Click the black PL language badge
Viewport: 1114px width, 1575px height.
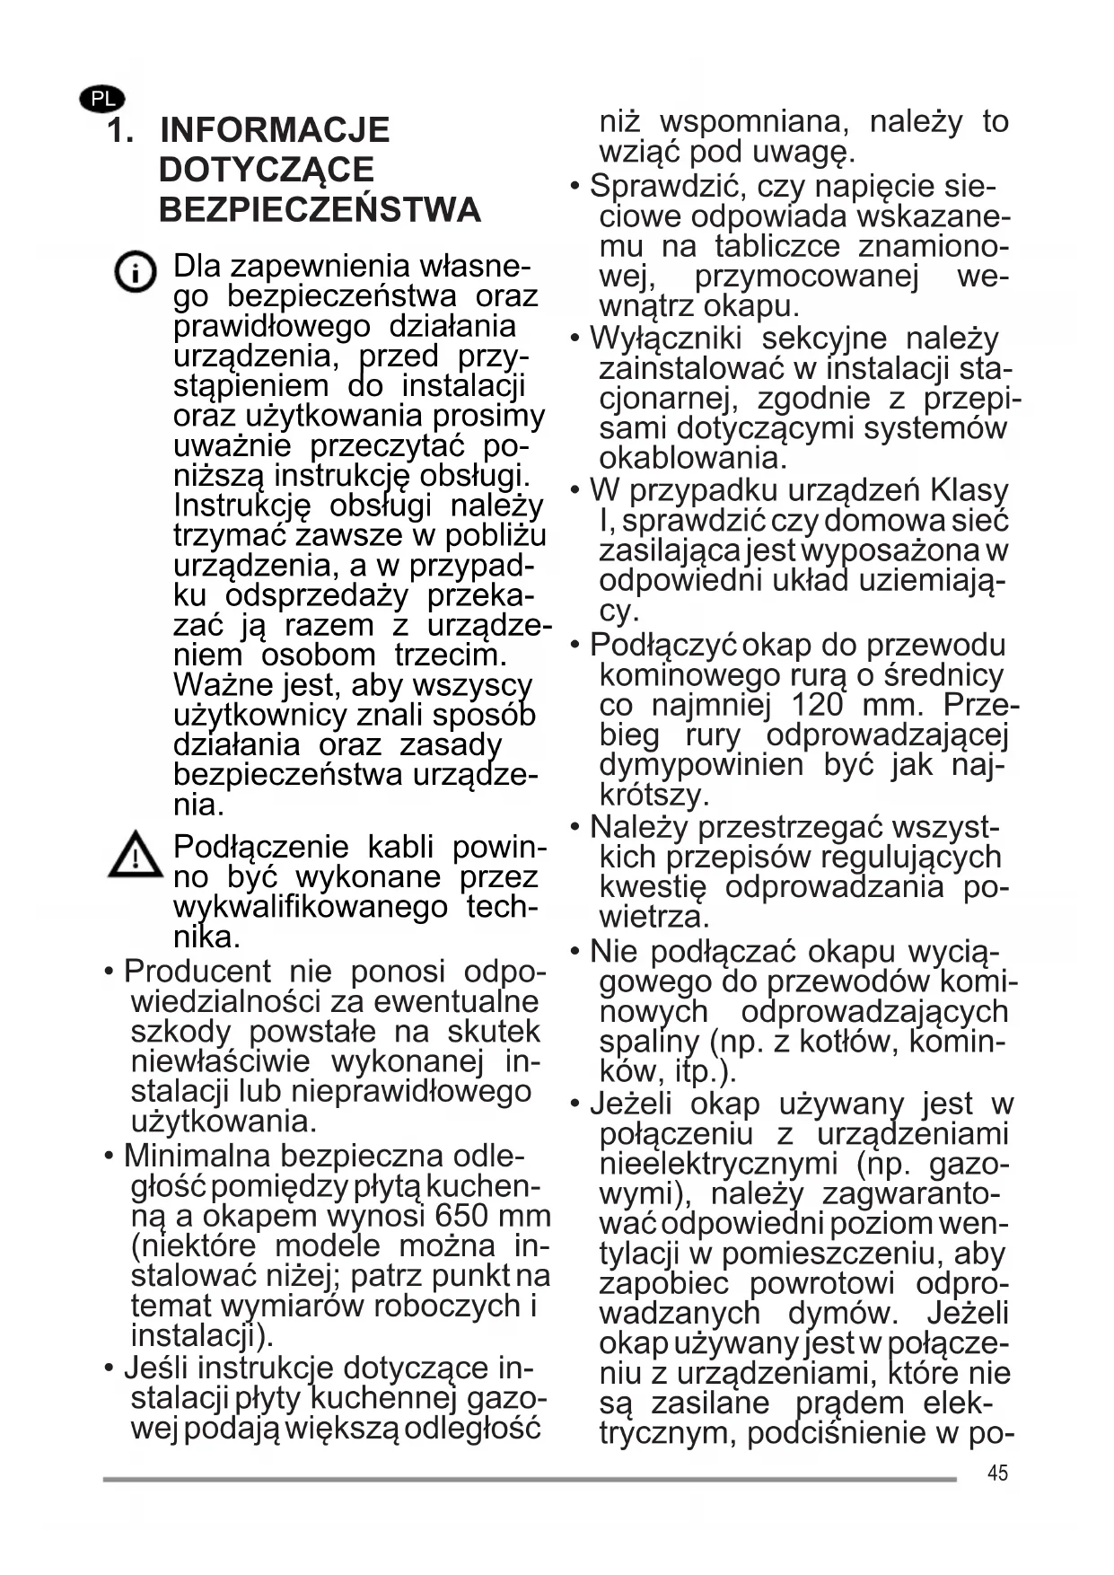click(102, 99)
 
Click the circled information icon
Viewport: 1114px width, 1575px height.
click(136, 271)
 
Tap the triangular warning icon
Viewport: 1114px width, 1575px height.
click(135, 854)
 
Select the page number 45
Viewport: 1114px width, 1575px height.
click(997, 1473)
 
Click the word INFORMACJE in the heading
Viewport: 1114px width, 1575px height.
click(275, 130)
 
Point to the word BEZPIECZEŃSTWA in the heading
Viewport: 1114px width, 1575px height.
click(320, 210)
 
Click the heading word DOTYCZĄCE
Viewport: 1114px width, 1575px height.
click(267, 171)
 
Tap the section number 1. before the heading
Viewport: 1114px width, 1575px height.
click(120, 130)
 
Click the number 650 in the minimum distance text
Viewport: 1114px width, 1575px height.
click(461, 1216)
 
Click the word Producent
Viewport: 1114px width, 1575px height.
click(197, 972)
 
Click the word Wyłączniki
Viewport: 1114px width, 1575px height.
click(665, 339)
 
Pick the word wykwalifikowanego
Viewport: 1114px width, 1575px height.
click(310, 907)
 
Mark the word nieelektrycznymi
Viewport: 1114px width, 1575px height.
click(718, 1165)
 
